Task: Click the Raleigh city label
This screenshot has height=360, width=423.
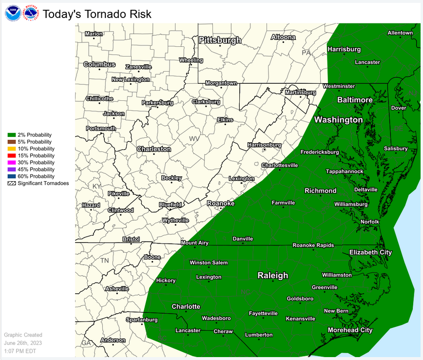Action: (272, 275)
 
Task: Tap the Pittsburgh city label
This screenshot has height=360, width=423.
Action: (220, 39)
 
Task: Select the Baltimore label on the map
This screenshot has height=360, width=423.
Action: (355, 100)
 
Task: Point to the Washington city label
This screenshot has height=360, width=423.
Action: (338, 120)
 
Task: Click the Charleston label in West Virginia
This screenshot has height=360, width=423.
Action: (154, 149)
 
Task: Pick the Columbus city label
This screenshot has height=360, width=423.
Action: (99, 64)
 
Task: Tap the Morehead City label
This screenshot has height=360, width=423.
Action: (350, 330)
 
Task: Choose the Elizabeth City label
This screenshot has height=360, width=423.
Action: (370, 252)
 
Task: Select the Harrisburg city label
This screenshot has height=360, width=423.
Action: (344, 49)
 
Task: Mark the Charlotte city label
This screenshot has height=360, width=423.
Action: (186, 306)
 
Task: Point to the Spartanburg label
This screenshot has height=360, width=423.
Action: (142, 320)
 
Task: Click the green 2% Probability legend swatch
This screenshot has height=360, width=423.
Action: (10, 135)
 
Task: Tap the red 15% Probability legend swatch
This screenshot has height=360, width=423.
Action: (10, 155)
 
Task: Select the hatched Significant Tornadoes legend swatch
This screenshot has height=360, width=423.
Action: (10, 183)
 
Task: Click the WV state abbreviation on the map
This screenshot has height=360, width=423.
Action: (194, 139)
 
